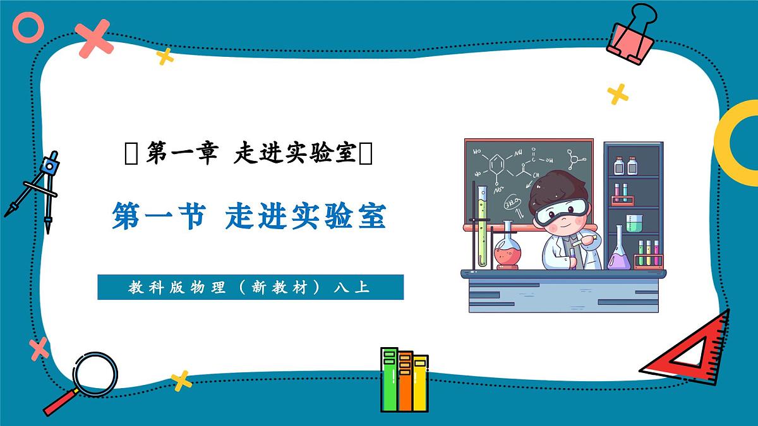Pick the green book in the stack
pyautogui.click(x=389, y=379)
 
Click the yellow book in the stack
pyautogui.click(x=420, y=382)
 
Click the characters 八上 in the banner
pyautogui.click(x=351, y=288)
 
